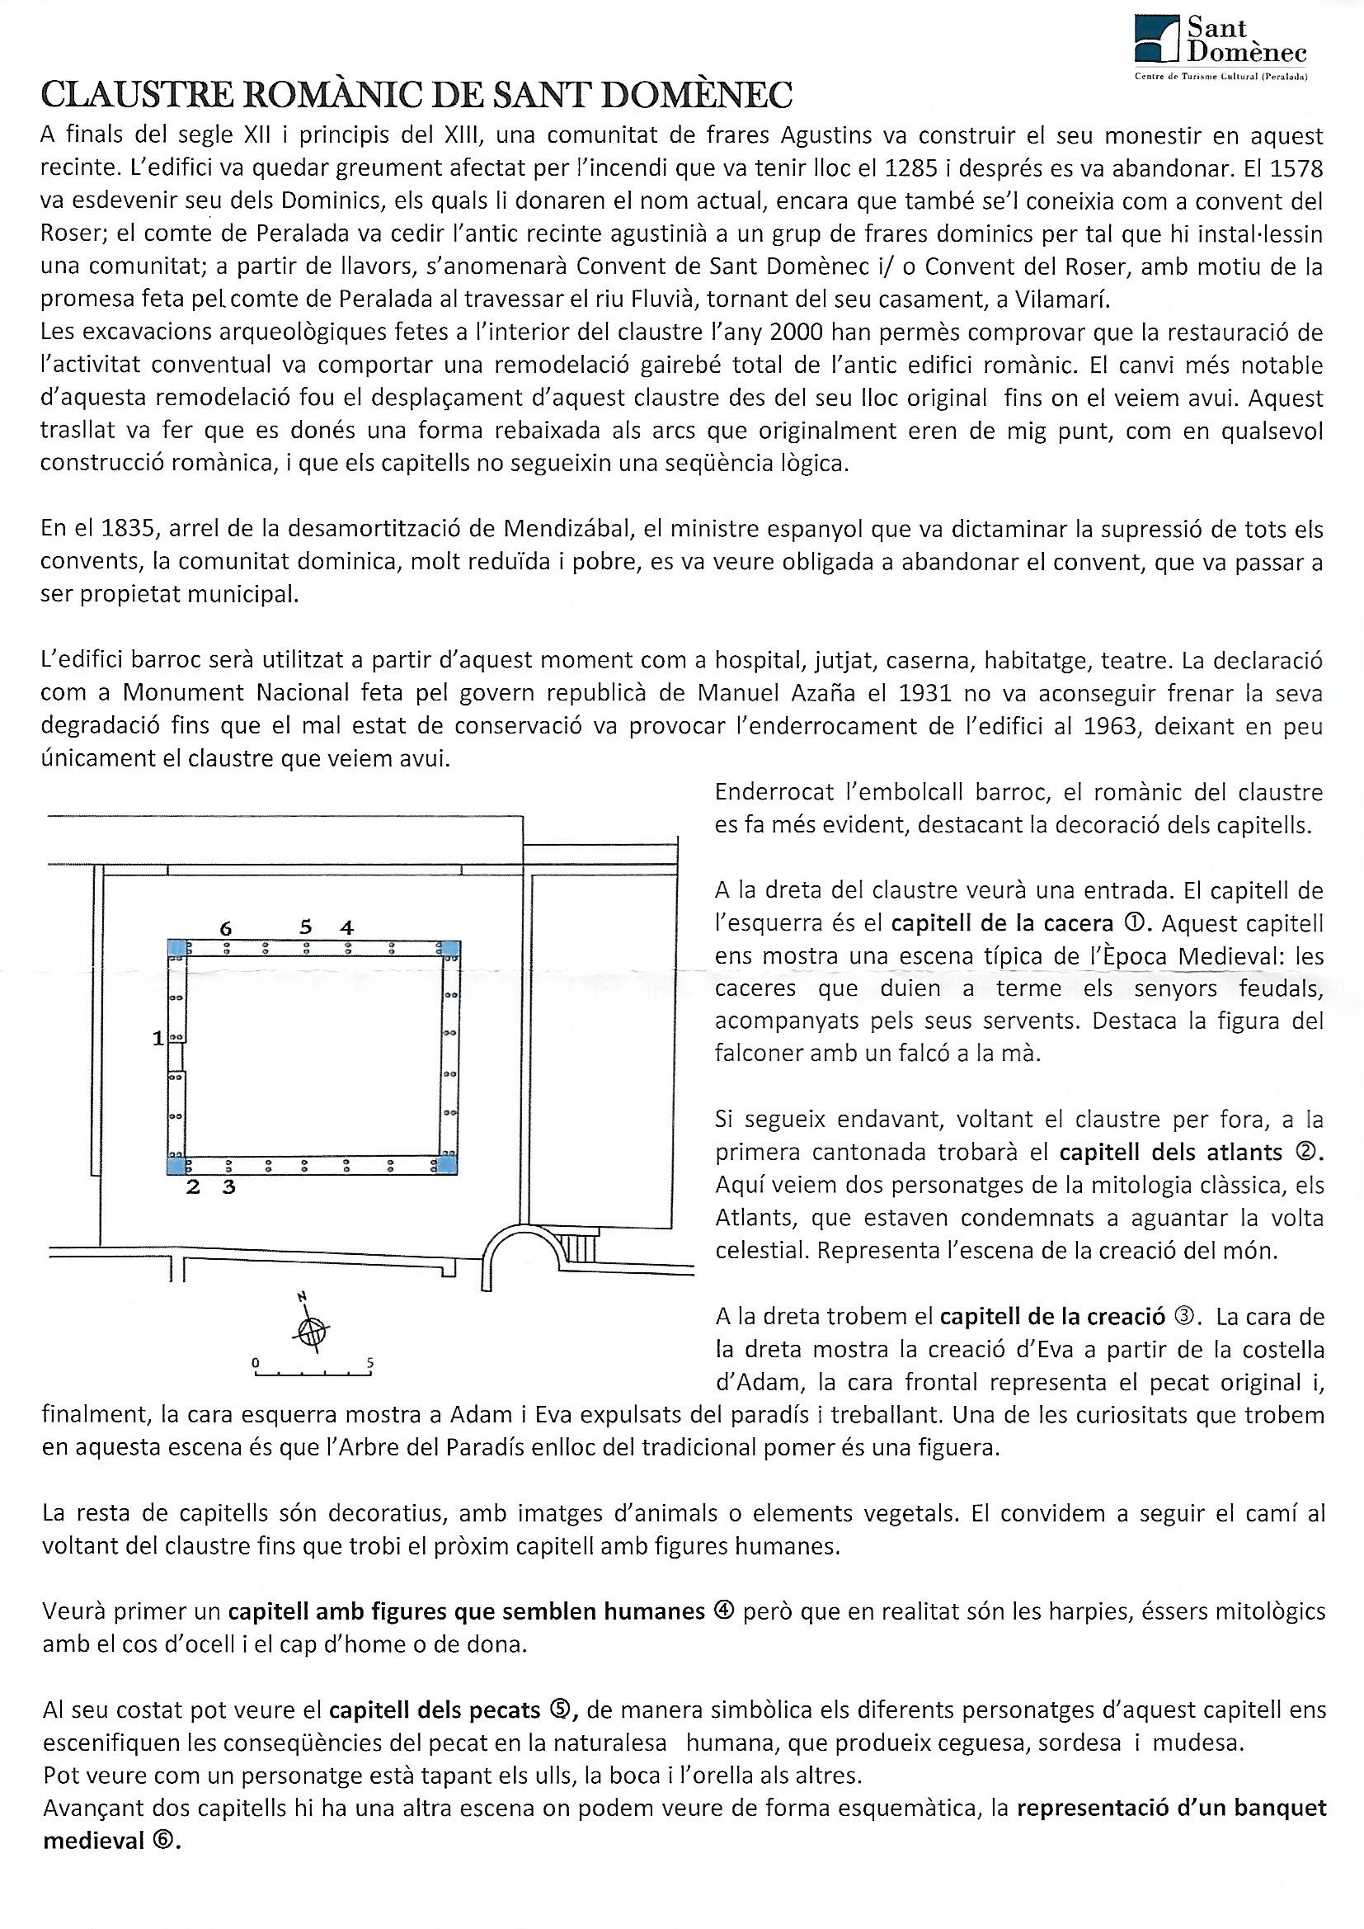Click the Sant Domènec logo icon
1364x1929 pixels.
pyautogui.click(x=1156, y=40)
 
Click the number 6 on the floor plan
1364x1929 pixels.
pyautogui.click(x=225, y=928)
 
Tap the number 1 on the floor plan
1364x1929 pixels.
pyautogui.click(x=158, y=1040)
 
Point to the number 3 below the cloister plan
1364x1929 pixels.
pyautogui.click(x=228, y=1188)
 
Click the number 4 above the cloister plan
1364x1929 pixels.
pyautogui.click(x=346, y=928)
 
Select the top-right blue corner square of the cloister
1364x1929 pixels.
pyautogui.click(x=451, y=949)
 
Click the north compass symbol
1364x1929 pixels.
pyautogui.click(x=312, y=1329)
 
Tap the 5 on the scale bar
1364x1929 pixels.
pyautogui.click(x=369, y=1363)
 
